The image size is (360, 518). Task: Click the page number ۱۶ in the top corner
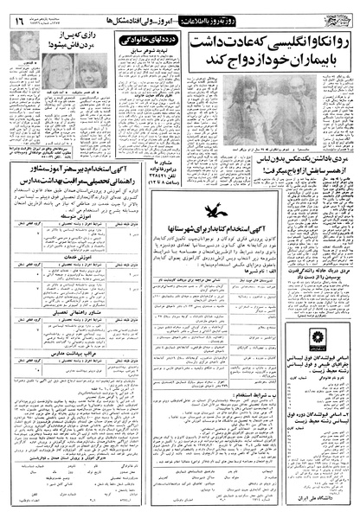pyautogui.click(x=19, y=11)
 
